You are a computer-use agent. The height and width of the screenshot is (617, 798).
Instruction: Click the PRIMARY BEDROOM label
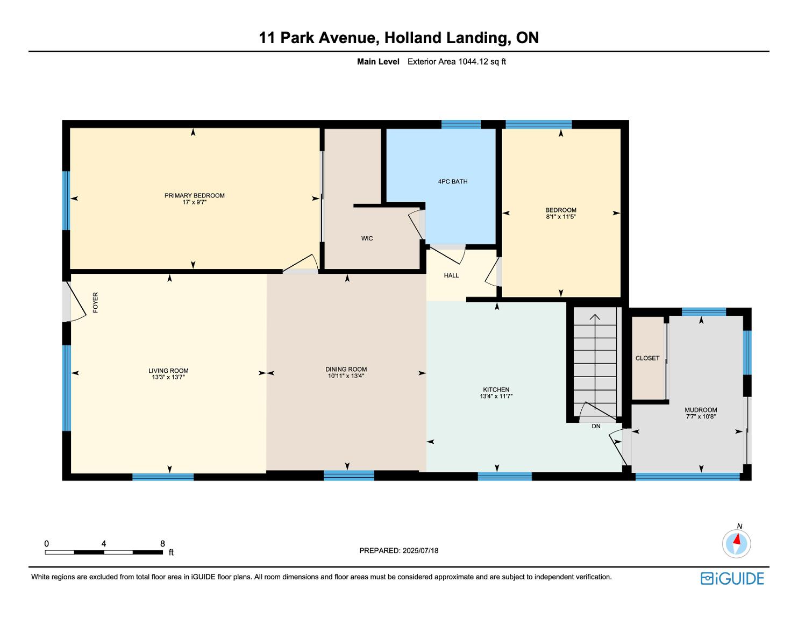pyautogui.click(x=194, y=195)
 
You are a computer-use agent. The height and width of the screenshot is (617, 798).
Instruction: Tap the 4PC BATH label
pyautogui.click(x=453, y=181)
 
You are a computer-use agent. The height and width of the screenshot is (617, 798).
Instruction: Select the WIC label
pyautogui.click(x=367, y=238)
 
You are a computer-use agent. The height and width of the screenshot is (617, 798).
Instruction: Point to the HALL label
pyautogui.click(x=451, y=275)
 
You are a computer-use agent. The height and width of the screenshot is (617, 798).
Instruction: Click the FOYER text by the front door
pyautogui.click(x=96, y=302)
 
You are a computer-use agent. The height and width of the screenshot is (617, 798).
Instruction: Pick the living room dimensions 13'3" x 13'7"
pyautogui.click(x=168, y=377)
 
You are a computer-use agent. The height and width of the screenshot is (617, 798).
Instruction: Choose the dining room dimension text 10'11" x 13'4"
pyautogui.click(x=346, y=375)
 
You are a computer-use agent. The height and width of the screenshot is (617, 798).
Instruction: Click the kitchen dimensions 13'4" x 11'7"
pyautogui.click(x=496, y=396)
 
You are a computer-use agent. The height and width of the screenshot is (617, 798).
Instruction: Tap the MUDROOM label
pyautogui.click(x=701, y=410)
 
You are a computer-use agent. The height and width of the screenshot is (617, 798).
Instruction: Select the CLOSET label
pyautogui.click(x=647, y=358)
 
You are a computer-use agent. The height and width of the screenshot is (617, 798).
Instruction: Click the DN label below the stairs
pyautogui.click(x=596, y=426)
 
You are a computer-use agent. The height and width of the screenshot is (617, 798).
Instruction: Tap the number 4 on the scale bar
pyautogui.click(x=104, y=543)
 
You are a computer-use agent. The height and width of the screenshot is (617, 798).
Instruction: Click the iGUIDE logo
pyautogui.click(x=732, y=578)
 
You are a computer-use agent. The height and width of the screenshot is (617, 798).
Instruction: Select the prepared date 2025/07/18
pyautogui.click(x=421, y=550)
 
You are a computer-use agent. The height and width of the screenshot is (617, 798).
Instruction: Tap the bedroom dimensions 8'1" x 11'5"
pyautogui.click(x=561, y=217)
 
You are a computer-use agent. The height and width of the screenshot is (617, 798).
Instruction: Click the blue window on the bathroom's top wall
pyautogui.click(x=461, y=124)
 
